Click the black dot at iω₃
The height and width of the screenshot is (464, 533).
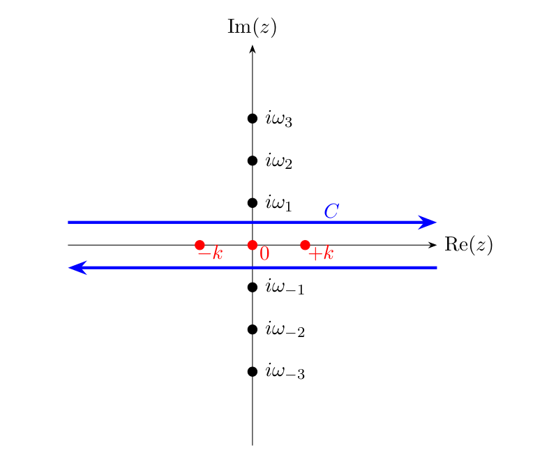click(x=253, y=118)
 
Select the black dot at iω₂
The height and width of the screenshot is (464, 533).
click(x=253, y=160)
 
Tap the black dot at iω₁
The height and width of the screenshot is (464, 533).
click(x=253, y=203)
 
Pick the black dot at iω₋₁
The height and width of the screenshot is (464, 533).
click(x=253, y=287)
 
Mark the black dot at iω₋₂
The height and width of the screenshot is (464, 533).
click(x=253, y=329)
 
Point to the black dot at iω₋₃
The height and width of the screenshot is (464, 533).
click(x=253, y=371)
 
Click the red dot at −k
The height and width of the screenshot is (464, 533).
click(x=200, y=245)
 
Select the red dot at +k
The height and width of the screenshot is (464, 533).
click(x=305, y=245)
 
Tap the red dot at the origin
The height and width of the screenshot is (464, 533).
click(x=253, y=245)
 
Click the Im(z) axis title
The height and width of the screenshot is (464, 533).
click(x=253, y=28)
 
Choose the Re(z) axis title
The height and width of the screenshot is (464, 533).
click(x=468, y=246)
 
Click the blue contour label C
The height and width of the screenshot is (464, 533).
click(x=332, y=211)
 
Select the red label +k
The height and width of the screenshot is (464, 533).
click(x=321, y=255)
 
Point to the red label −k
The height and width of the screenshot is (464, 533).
click(x=210, y=254)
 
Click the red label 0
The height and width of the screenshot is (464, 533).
click(x=264, y=255)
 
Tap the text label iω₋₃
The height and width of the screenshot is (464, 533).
click(x=285, y=373)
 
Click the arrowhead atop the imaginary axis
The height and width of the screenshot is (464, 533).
click(x=253, y=50)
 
